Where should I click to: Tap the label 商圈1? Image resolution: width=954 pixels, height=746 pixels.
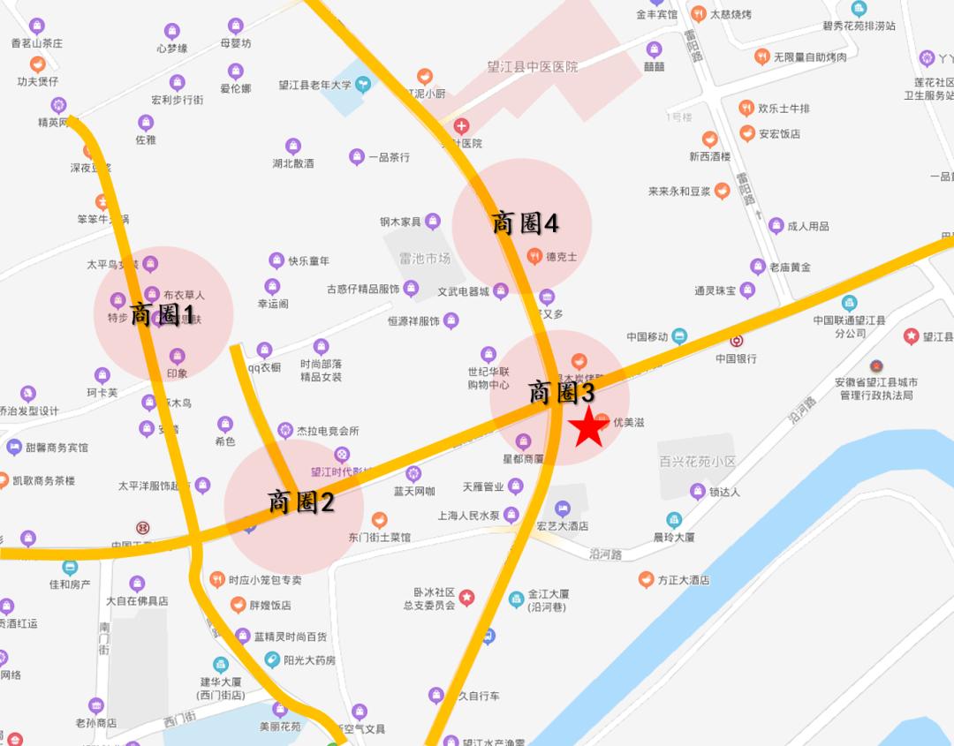click(163, 314)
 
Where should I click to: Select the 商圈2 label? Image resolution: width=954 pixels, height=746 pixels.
click(301, 503)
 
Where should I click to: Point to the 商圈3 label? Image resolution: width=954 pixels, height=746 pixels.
click(563, 392)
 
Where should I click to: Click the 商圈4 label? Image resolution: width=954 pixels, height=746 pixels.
click(525, 223)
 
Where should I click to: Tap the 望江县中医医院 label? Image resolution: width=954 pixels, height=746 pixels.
click(533, 66)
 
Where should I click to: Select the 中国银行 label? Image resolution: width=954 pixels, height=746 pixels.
click(736, 358)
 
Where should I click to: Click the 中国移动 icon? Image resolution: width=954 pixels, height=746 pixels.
click(678, 336)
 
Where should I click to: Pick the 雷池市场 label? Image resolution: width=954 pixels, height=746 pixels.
click(425, 258)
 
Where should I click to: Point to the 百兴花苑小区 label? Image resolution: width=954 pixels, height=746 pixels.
click(697, 461)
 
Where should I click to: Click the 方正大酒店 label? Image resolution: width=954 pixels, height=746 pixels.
click(683, 580)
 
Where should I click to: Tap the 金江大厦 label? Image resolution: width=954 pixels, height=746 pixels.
click(549, 595)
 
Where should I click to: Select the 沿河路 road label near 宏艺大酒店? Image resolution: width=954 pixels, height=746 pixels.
click(606, 554)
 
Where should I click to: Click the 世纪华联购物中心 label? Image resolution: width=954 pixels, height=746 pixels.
click(488, 378)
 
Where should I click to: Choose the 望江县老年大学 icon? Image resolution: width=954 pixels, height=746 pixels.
click(361, 86)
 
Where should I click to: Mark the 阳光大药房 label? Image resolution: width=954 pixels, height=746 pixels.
click(309, 659)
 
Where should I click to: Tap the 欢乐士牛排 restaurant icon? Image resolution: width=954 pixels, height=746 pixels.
click(746, 109)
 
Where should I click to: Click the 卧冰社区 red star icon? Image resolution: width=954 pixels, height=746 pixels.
click(466, 599)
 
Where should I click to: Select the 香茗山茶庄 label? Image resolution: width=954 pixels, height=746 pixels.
click(37, 42)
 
